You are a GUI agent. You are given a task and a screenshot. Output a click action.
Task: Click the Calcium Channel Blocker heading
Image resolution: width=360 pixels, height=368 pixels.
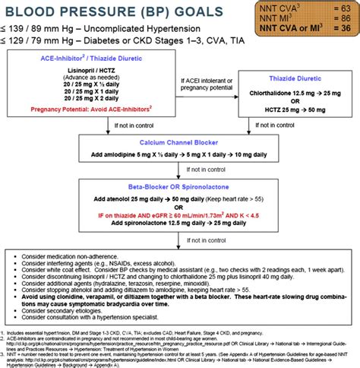click(180, 142)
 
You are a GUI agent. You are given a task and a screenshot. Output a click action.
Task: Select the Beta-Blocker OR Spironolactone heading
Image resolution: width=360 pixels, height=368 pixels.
click(180, 186)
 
